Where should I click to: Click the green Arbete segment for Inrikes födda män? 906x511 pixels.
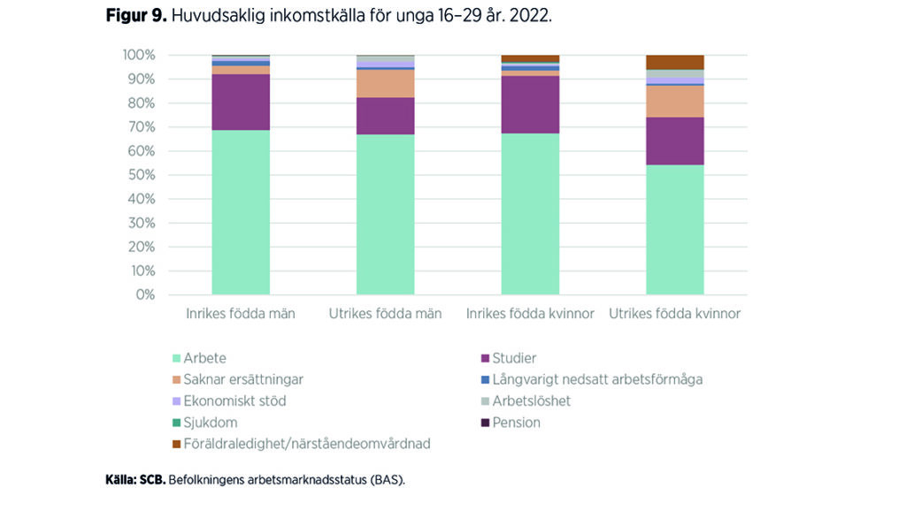point(241,212)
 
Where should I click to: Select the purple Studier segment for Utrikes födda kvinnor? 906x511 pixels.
point(675,141)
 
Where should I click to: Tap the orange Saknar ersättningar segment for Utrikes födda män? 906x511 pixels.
point(386,84)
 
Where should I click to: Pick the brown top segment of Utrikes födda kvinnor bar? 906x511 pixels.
point(675,62)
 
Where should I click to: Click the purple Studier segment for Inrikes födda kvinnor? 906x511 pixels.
point(530,104)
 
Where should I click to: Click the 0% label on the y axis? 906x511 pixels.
point(145,294)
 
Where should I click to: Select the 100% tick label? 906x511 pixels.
point(139,55)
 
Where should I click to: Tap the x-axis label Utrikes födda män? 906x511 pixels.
point(386,314)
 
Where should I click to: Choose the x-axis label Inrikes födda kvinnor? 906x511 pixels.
point(530,314)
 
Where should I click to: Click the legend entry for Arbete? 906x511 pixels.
point(203,358)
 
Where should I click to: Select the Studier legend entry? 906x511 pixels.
point(514,358)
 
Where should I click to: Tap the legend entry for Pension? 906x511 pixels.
point(516,423)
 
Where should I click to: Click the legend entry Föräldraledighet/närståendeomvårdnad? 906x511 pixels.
point(306,444)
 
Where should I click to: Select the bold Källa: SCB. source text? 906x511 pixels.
point(134,481)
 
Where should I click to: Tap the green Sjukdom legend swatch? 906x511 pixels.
point(175,423)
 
